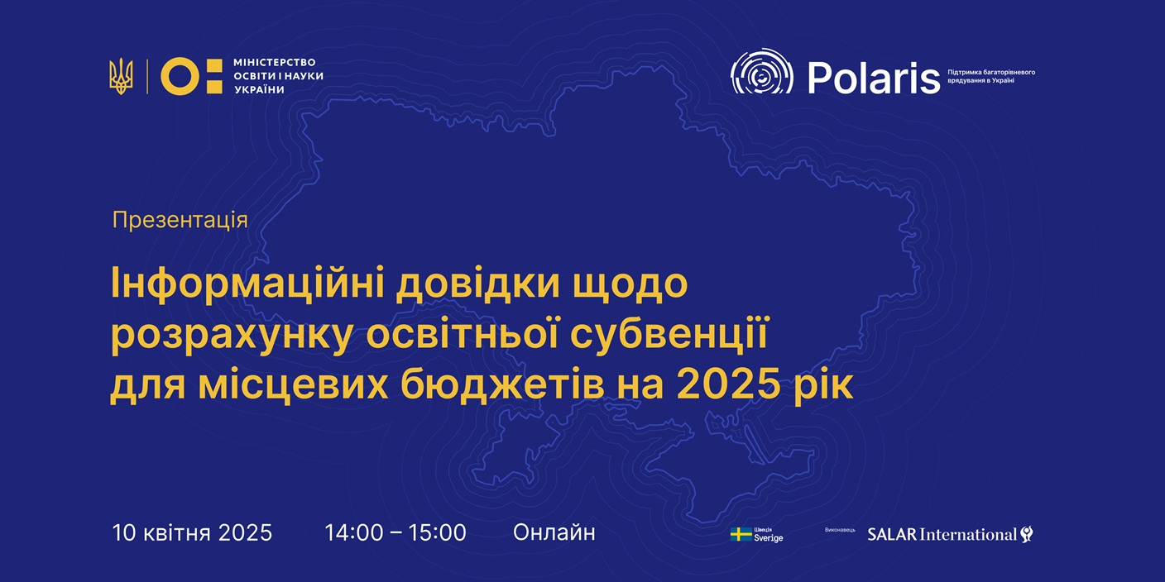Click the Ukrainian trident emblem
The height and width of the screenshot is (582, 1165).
click(121, 76)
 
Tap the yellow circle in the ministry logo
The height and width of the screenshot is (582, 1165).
click(180, 76)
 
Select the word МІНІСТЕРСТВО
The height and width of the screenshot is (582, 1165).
click(275, 62)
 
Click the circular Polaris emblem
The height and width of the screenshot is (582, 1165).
click(761, 72)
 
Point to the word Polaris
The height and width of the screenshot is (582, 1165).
click(874, 78)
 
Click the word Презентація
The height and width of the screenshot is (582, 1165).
click(180, 221)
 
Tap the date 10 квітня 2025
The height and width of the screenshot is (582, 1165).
click(193, 533)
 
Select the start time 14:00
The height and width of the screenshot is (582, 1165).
click(354, 533)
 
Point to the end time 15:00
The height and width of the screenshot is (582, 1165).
click(437, 533)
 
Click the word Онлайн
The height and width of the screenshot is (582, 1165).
click(554, 533)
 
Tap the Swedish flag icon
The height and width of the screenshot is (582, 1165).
click(741, 534)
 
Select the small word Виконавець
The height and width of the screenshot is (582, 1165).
click(840, 530)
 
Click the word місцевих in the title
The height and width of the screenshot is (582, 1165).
click(293, 385)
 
